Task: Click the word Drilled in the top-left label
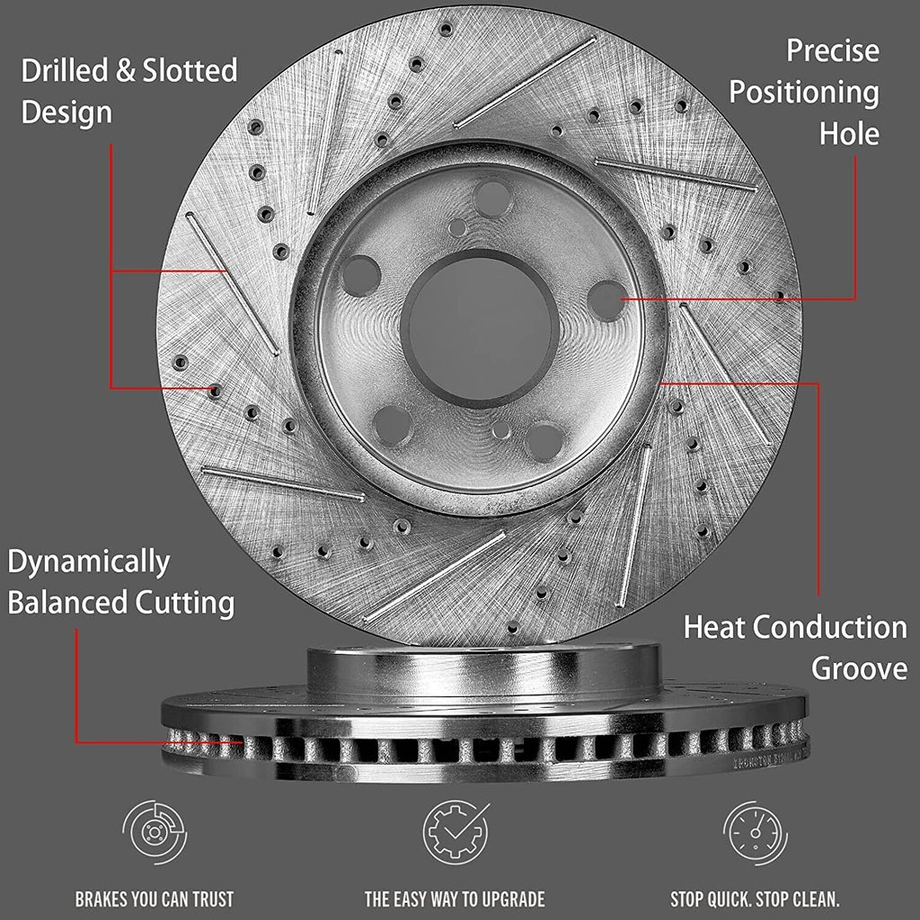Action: tap(65, 70)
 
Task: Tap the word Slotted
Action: tap(190, 70)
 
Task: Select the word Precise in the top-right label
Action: tap(833, 50)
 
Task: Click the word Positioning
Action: tap(804, 93)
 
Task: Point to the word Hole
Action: tap(849, 134)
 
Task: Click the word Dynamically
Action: tap(89, 562)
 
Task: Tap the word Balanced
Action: tap(67, 603)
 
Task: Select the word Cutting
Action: tap(185, 604)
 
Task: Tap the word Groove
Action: tap(859, 668)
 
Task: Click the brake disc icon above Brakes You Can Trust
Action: tap(155, 832)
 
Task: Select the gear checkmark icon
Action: tap(456, 831)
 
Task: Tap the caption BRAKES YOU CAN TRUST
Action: tap(155, 898)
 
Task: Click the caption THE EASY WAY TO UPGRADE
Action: tap(455, 898)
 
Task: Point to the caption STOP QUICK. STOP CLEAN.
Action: tap(755, 898)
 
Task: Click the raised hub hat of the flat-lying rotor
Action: tap(483, 668)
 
